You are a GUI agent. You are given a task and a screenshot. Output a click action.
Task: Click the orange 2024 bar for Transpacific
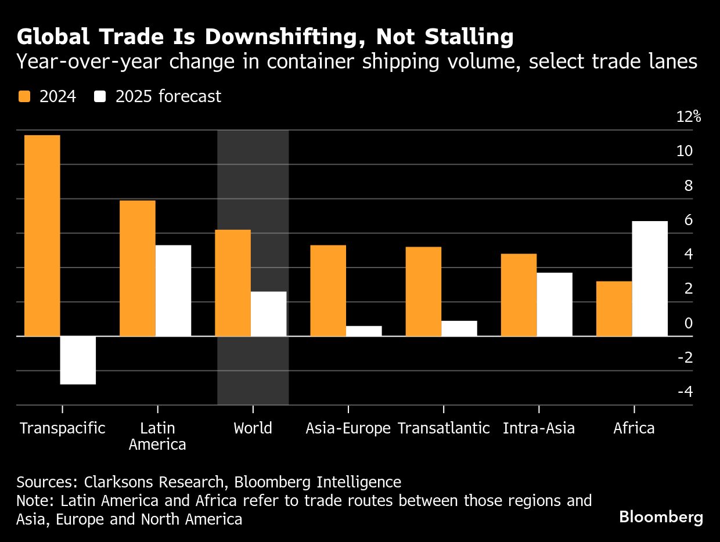point(42,235)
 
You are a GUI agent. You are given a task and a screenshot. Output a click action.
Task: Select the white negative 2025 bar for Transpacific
point(78,360)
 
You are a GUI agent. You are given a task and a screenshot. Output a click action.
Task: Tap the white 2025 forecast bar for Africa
point(650,279)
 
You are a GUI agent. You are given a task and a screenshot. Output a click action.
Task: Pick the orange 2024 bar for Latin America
point(137,268)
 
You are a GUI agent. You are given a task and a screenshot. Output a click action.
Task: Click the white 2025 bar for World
point(268,313)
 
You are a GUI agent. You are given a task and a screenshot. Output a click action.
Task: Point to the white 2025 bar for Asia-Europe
point(363,331)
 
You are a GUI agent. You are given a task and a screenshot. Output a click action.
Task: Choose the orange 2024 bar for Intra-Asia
point(519,295)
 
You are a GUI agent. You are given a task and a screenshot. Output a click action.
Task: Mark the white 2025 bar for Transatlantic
point(459,328)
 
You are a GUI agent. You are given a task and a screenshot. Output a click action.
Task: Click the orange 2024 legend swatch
point(24,96)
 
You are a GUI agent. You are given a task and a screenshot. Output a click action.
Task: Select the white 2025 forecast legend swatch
point(100,96)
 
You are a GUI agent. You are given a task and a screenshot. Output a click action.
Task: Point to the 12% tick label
point(689,117)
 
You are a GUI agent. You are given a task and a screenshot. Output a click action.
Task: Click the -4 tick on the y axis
point(685,392)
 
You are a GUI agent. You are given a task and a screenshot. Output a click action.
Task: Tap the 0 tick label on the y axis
point(689,323)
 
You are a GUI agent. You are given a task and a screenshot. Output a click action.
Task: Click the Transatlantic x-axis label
point(444,429)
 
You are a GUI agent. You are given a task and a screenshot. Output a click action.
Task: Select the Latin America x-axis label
point(157,436)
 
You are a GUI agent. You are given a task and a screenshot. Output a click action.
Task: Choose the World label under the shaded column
point(253,429)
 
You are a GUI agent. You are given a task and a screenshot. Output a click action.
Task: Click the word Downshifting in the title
point(274,37)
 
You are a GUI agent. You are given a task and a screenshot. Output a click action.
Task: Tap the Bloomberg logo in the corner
point(661,517)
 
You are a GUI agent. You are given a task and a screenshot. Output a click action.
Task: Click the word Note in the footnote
point(33,500)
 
